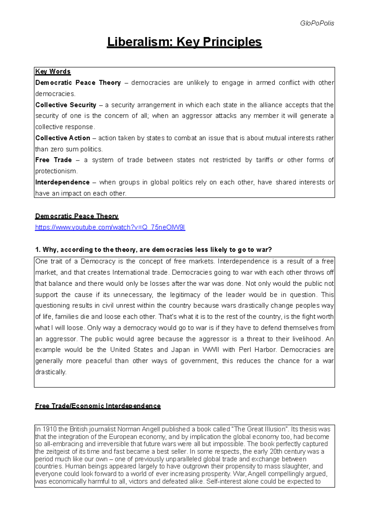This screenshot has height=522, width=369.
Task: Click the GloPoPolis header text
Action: pyautogui.click(x=317, y=23)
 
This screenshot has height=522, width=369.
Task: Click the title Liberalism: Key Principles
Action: pyautogui.click(x=184, y=42)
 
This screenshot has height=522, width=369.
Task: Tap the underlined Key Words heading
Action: pyautogui.click(x=53, y=72)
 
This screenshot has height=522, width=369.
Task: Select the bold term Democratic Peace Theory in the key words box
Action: pyautogui.click(x=78, y=83)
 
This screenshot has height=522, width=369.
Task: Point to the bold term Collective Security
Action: pyautogui.click(x=65, y=105)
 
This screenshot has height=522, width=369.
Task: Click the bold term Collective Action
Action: pyautogui.click(x=63, y=138)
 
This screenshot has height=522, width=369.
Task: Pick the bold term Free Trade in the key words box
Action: pyautogui.click(x=54, y=160)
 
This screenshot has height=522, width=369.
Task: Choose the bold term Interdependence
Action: pyautogui.click(x=62, y=182)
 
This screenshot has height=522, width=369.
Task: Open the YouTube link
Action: pyautogui.click(x=110, y=227)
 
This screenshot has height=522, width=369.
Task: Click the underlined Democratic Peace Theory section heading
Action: pyautogui.click(x=77, y=216)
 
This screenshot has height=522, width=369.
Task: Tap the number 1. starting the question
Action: pyautogui.click(x=38, y=250)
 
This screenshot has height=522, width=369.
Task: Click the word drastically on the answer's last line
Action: pyautogui.click(x=51, y=372)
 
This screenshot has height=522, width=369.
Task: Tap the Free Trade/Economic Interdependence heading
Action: pyautogui.click(x=98, y=406)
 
